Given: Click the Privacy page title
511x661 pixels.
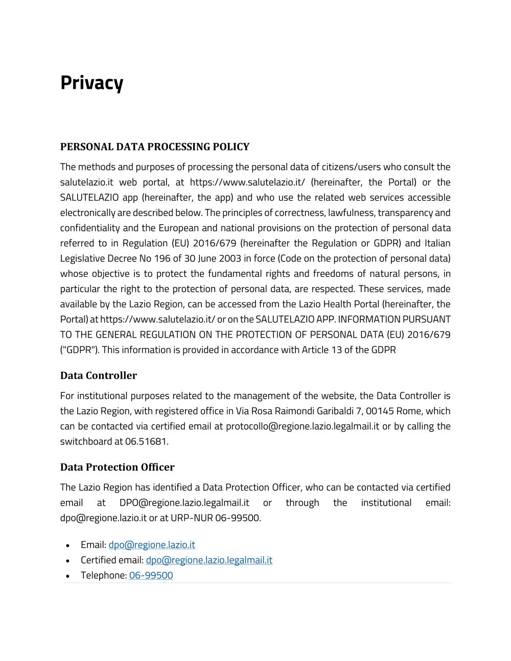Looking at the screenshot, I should click(92, 83).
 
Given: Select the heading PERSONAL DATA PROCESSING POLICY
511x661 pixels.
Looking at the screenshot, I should click(155, 147).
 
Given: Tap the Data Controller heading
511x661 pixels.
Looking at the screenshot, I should click(99, 375).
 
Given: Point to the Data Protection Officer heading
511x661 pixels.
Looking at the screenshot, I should click(118, 467).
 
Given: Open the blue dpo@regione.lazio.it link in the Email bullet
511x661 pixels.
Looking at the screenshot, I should click(152, 545).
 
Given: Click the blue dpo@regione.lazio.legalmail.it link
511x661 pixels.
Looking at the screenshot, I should click(209, 560).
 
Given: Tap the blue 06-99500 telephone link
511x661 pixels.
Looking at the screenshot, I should click(151, 576).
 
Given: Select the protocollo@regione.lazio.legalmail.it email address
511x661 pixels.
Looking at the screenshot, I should click(303, 427).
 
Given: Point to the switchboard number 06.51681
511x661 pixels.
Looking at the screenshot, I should click(146, 442).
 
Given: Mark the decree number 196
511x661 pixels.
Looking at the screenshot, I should click(162, 258).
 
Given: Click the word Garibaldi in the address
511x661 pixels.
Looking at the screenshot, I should click(335, 411).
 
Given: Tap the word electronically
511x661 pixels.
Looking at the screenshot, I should click(87, 213).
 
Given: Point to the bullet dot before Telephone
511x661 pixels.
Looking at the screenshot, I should click(67, 576).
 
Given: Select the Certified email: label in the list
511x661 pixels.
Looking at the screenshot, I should click(112, 560).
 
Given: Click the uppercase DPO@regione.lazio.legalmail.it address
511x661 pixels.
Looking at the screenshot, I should click(184, 503).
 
